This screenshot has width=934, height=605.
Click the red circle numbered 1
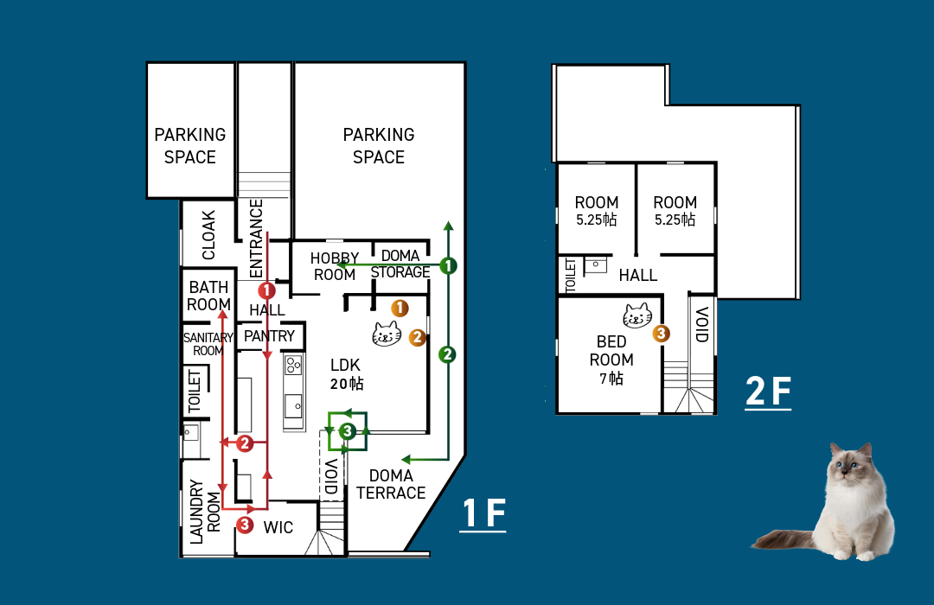coord(267,290)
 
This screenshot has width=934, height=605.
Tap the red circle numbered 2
coord(245,443)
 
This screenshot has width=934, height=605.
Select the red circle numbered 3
coord(245,525)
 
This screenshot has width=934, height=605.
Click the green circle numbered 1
coord(449,265)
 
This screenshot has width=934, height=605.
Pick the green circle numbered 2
coord(447,355)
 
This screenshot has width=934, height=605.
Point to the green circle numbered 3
coord(348,431)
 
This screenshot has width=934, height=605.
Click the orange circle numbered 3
coord(661,334)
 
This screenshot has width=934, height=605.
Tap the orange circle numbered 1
coord(400,308)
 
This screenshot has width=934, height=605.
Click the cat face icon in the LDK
coord(387,334)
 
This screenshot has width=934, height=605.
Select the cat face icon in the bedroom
coord(637,315)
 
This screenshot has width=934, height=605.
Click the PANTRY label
coord(269,336)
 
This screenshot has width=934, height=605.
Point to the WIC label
coord(278,527)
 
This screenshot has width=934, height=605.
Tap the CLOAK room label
coord(208,235)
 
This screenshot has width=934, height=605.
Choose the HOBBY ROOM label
coord(335,266)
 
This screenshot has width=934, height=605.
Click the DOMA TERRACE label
coord(391,484)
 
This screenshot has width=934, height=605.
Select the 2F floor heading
coord(769,392)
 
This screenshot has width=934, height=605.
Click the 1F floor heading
coord(483,513)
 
